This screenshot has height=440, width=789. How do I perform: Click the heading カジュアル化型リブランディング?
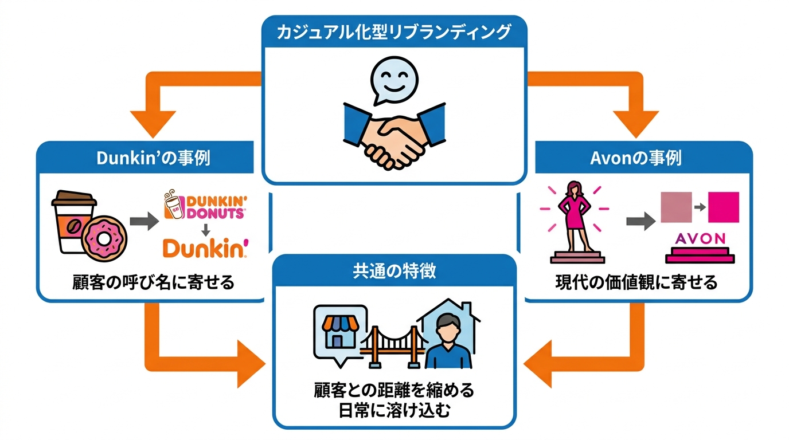tap(394, 32)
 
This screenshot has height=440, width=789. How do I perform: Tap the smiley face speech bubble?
tap(393, 80)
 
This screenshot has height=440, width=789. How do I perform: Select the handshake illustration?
tap(394, 136)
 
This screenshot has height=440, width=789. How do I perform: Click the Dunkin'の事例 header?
tap(154, 158)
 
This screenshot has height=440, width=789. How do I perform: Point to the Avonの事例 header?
tap(636, 158)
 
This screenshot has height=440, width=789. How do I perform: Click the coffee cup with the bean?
tap(74, 222)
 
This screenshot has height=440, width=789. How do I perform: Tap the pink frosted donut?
tap(104, 239)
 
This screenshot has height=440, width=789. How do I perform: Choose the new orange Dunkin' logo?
tap(205, 248)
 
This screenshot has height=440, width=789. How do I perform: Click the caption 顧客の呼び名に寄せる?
tap(154, 282)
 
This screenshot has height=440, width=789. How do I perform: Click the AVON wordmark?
tap(700, 239)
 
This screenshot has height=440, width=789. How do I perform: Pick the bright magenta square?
tap(724, 207)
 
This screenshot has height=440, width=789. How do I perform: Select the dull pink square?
tap(676, 207)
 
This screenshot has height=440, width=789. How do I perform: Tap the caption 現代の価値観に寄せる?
tap(636, 282)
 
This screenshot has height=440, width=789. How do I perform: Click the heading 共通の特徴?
tap(394, 270)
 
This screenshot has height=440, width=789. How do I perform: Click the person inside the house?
tap(448, 341)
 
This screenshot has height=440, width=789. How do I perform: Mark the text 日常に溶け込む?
tap(394, 411)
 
